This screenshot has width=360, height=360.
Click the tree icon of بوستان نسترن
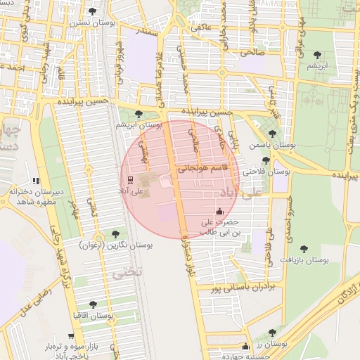[93, 11]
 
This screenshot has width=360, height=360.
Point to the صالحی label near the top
[251, 52]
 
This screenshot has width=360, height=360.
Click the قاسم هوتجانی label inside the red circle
[202, 168]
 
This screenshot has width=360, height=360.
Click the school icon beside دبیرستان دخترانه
[36, 181]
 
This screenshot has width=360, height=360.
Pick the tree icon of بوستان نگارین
[115, 233]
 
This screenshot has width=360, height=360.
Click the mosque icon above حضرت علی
[219, 210]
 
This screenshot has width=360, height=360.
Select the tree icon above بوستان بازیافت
[304, 248]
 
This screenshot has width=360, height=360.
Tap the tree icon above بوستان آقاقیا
[93, 304]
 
